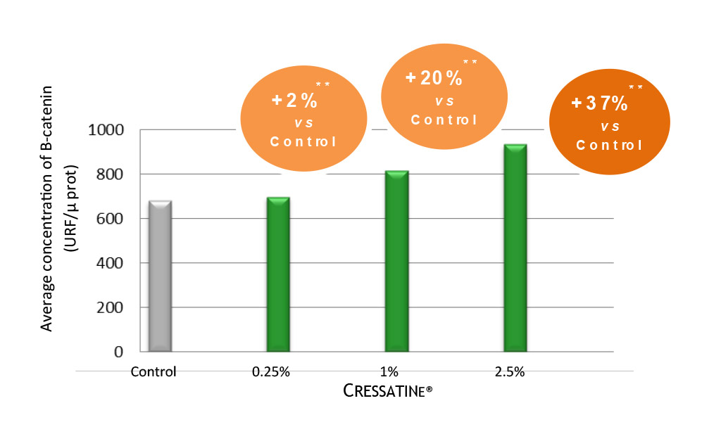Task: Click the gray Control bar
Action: pos(161,276)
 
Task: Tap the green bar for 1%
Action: pos(397,261)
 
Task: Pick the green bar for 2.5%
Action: pos(515,248)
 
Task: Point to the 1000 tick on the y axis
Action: pos(108,130)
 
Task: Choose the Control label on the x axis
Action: pos(153,372)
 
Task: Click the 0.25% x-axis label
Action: pos(272,372)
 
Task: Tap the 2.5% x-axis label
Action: pos(508,372)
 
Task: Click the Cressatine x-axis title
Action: pos(387,391)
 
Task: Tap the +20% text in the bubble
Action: pos(432,78)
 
